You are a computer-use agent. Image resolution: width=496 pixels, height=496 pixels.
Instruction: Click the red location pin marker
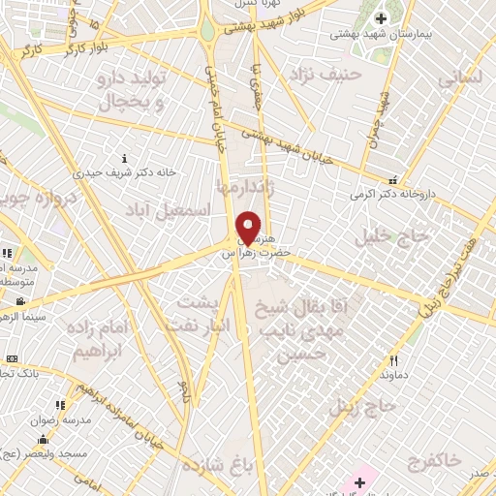tap(249, 228)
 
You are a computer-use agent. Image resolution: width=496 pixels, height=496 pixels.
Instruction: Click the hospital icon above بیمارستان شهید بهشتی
tap(381, 18)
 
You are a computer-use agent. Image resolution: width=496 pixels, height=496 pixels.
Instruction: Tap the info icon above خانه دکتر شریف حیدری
tap(123, 158)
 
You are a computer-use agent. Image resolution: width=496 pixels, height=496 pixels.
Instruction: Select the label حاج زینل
tap(363, 406)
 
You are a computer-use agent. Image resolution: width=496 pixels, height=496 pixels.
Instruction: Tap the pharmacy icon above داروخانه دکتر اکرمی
tap(392, 179)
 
